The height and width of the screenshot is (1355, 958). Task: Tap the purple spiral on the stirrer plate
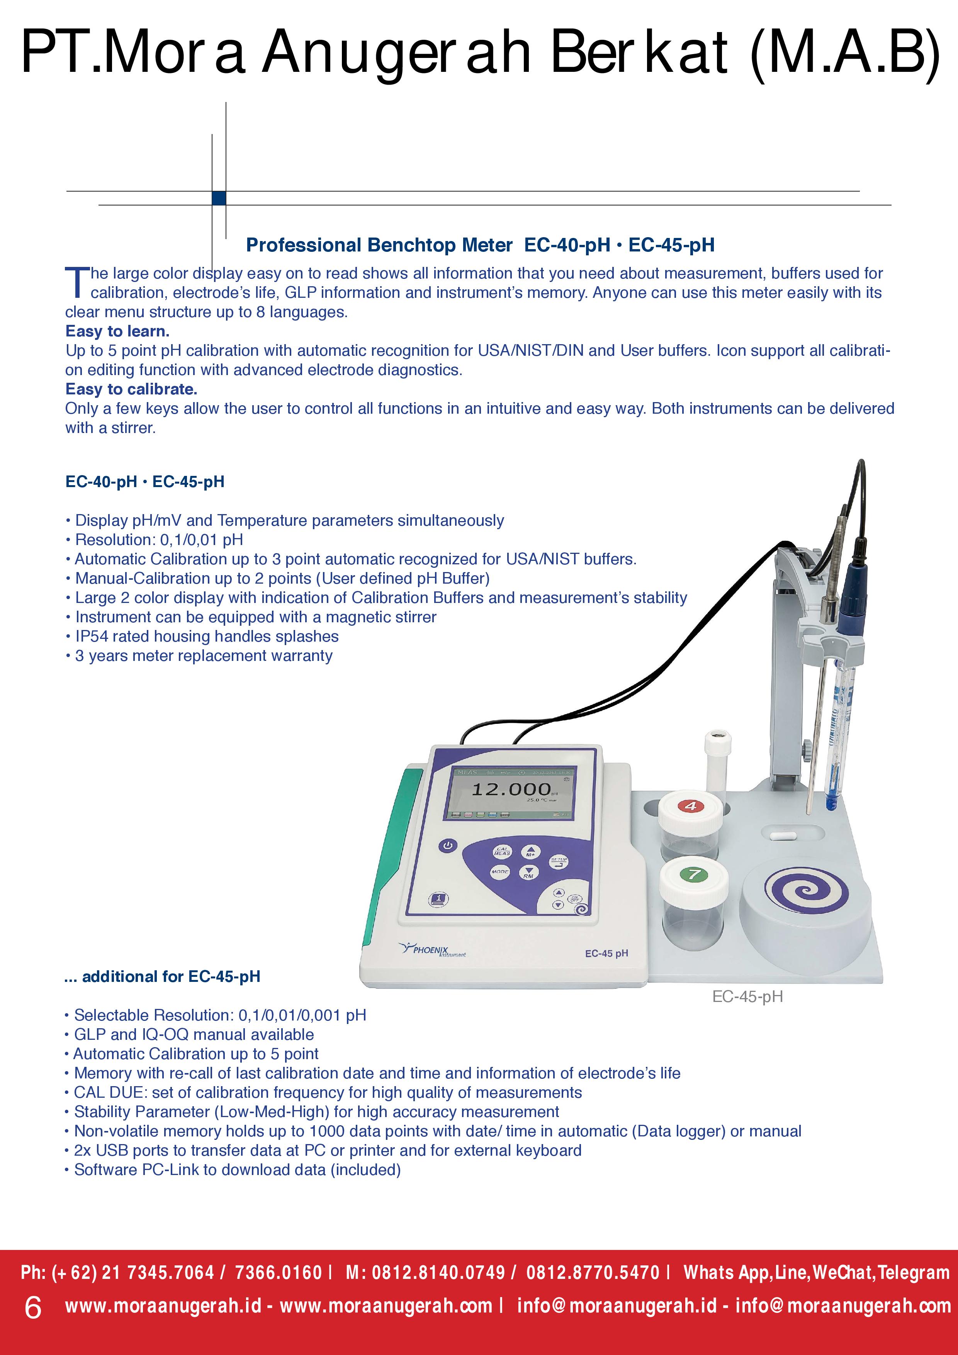806,891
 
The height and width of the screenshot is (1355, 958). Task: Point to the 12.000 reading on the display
511,789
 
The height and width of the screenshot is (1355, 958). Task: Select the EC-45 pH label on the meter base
606,953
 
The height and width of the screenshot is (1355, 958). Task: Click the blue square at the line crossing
219,198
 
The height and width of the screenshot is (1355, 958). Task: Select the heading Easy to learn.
117,331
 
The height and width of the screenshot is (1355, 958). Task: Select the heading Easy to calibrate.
131,389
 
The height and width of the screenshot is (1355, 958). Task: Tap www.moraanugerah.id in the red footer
163,1306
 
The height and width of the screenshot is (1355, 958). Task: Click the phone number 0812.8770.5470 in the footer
593,1272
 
